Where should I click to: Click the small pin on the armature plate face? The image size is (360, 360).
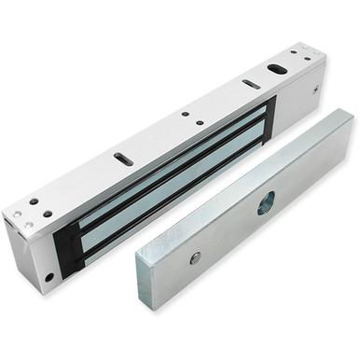click(195, 258)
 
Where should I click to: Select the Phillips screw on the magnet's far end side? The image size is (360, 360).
click(317, 89)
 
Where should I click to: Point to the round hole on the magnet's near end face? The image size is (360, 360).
click(49, 276)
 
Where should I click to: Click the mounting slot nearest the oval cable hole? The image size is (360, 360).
click(251, 84)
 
